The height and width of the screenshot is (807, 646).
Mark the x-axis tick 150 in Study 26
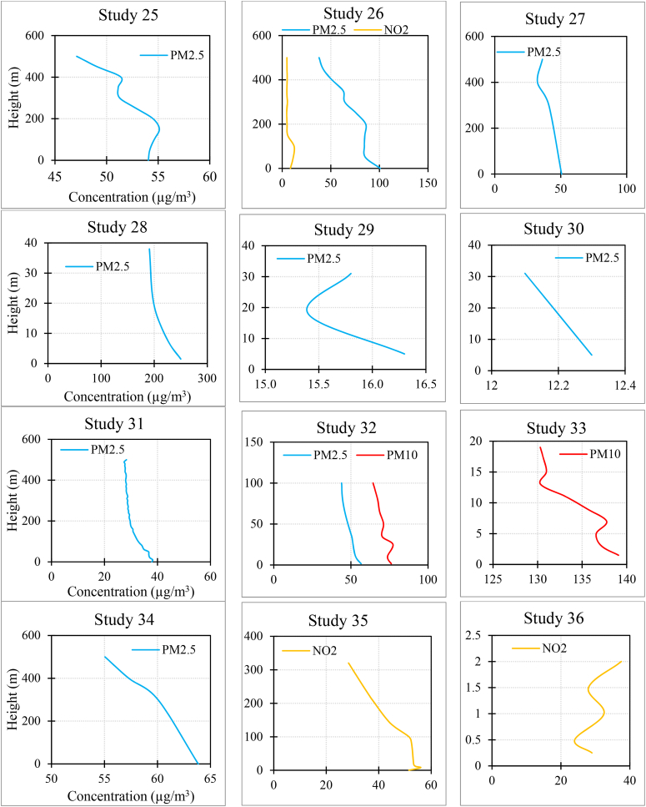click(428, 183)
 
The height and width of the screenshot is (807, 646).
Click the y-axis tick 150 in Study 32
click(258, 441)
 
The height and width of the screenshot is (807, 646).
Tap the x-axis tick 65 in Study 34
click(209, 779)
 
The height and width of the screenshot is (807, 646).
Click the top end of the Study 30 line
click(524, 273)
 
